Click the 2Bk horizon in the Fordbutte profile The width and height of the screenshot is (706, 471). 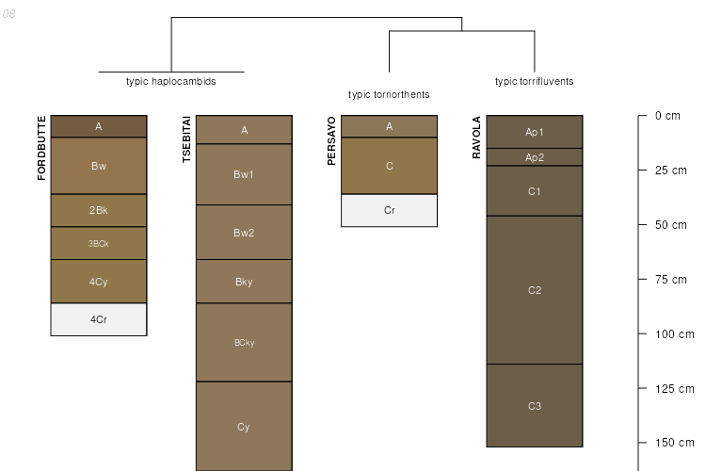99,210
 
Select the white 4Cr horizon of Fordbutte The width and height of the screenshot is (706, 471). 99,319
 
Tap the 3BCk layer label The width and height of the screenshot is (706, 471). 99,243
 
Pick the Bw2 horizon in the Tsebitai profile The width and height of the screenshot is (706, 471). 244,233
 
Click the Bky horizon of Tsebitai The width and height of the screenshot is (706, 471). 244,282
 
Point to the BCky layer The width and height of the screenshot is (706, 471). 244,343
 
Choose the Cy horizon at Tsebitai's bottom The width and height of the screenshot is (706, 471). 244,427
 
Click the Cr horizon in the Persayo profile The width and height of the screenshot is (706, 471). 389,210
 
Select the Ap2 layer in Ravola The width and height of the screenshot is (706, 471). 535,157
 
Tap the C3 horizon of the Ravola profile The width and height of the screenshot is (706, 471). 535,406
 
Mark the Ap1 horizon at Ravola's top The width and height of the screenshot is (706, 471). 535,132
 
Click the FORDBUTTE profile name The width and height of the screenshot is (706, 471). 41,148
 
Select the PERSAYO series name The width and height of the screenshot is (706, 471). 331,141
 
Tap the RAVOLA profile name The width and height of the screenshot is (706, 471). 476,138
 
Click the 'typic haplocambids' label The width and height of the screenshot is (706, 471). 171,82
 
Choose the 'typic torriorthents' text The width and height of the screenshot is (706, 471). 389,94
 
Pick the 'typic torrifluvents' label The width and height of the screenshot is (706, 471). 534,82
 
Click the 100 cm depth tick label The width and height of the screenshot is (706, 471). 673,334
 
